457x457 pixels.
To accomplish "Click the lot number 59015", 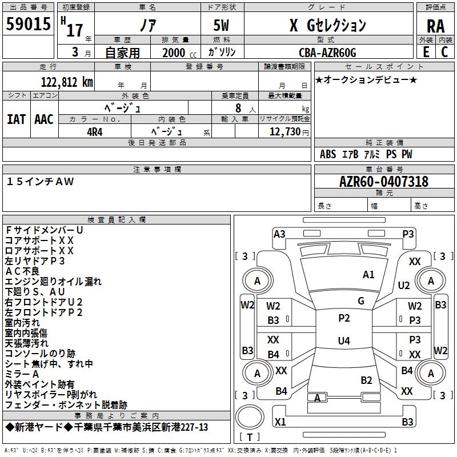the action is (x=28, y=23).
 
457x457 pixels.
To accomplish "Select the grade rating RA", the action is (x=435, y=26).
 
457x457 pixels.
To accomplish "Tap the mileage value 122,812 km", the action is (x=67, y=82).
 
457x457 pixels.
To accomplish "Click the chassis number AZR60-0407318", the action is (x=384, y=182).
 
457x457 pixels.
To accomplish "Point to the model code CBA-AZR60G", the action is (x=327, y=53).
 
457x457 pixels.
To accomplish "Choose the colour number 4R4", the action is (x=95, y=132).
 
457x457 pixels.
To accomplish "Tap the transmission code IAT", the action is (x=16, y=119).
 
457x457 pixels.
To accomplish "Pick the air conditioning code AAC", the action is (x=44, y=119).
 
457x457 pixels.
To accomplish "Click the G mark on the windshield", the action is (x=361, y=301).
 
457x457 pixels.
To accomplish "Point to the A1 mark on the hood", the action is (x=368, y=275).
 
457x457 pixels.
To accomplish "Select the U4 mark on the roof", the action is (x=344, y=340).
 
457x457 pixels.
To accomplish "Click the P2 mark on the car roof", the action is (x=344, y=318).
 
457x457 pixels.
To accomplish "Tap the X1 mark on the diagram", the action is (x=280, y=422).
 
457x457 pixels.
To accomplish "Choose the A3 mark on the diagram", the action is (x=279, y=234).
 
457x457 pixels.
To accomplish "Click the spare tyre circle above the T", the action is (x=250, y=417).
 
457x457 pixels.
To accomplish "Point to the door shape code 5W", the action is (x=221, y=25).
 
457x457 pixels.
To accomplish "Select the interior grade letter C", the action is (x=444, y=52).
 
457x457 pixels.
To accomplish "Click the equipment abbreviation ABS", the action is (x=328, y=154).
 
